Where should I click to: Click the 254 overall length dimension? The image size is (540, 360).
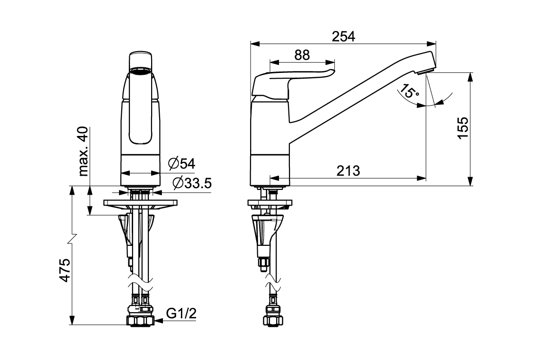(x=343, y=36)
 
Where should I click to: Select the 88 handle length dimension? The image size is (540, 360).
(x=302, y=55)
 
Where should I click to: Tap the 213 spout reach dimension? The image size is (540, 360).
(x=348, y=171)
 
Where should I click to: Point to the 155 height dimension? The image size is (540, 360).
(x=463, y=128)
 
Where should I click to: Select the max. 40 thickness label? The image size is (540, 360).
(x=83, y=152)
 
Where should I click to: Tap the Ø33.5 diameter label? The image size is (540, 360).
(x=192, y=183)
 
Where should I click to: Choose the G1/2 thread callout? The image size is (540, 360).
(x=181, y=314)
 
